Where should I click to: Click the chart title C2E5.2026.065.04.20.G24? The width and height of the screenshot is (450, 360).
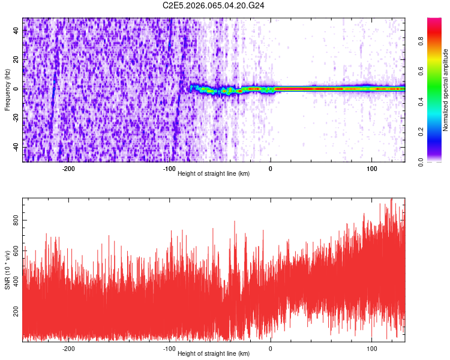tap(214, 5)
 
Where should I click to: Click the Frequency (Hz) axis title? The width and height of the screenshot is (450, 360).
tap(7, 89)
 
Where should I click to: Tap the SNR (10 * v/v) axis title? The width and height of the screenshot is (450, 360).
tap(7, 269)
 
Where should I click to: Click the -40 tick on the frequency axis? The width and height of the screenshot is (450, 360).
tap(16, 147)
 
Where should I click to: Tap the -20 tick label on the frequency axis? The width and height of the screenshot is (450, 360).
tap(16, 118)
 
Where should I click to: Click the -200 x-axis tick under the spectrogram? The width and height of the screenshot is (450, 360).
tap(68, 169)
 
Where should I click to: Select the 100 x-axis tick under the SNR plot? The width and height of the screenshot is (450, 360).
tap(371, 349)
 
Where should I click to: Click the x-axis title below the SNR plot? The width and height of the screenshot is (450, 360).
tap(214, 354)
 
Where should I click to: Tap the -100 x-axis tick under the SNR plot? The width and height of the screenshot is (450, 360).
tap(169, 349)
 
